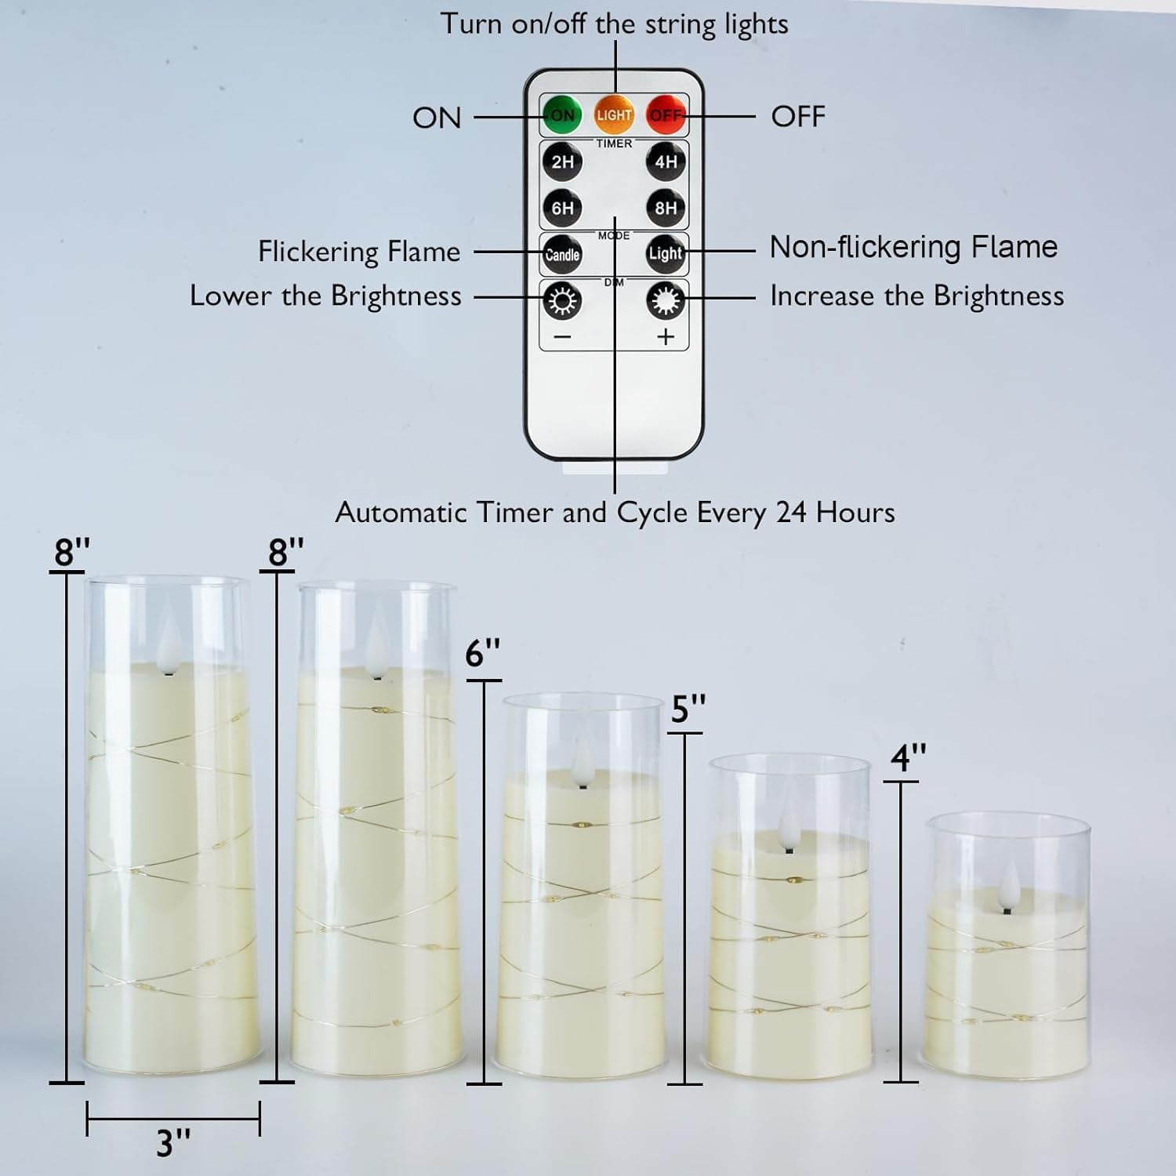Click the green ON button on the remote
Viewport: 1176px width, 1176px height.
562,115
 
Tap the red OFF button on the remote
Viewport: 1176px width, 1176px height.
666,115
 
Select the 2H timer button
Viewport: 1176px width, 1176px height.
562,162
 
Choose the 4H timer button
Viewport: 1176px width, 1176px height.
666,162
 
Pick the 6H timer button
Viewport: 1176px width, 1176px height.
562,209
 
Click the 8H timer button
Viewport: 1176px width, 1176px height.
666,209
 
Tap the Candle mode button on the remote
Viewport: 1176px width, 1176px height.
562,254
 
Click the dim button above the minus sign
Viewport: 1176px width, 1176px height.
562,301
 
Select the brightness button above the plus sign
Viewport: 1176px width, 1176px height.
666,301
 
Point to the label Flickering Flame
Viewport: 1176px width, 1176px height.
359,252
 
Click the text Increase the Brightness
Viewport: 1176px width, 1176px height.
916,296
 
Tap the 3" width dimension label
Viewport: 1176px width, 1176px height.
173,1143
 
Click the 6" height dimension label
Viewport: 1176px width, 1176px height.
482,652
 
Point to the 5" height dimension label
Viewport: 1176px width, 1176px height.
688,709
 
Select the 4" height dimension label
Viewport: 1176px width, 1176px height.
908,758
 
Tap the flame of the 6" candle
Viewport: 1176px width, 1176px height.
583,757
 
